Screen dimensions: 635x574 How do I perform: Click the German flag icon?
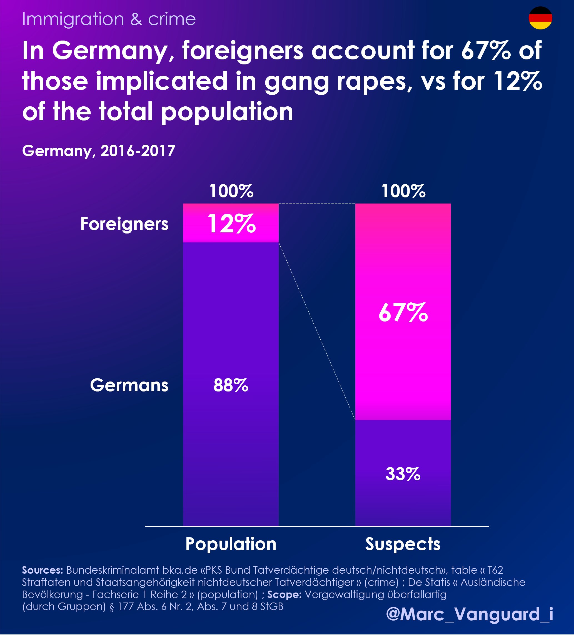point(540,18)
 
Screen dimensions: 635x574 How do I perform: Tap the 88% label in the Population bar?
point(231,385)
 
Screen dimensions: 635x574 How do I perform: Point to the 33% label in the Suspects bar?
point(403,474)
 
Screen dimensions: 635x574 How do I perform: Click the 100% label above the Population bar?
point(231,191)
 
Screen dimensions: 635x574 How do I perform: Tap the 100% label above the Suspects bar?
point(403,191)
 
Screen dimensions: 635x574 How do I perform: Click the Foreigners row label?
point(124,224)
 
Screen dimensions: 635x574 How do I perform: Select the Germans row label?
point(129,385)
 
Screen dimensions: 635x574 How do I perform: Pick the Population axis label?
point(231,544)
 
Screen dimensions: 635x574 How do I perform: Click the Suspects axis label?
point(403,544)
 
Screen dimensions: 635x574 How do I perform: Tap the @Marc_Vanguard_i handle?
point(469,614)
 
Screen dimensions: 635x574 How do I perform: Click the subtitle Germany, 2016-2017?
point(99,151)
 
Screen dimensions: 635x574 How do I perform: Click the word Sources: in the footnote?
point(43,570)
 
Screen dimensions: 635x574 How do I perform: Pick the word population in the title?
point(227,112)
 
